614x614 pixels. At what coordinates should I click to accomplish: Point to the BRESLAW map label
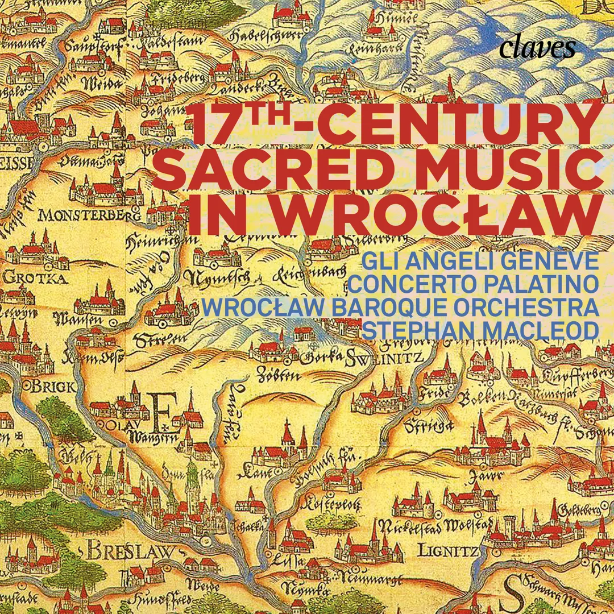pos(128,551)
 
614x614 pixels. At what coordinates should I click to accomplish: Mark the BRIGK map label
pos(52,387)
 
